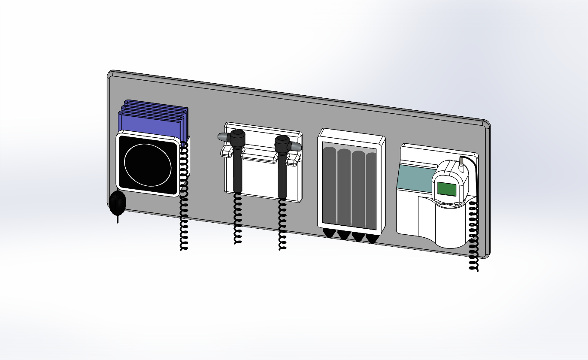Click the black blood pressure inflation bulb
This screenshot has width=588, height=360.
(x=117, y=203)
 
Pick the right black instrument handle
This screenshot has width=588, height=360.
(x=282, y=174)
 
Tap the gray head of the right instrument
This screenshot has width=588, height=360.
(x=296, y=146)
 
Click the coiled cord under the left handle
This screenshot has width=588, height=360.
(x=237, y=219)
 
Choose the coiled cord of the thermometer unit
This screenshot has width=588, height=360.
(x=473, y=236)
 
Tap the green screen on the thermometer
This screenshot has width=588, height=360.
(x=446, y=189)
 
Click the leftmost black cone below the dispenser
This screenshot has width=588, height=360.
(x=330, y=233)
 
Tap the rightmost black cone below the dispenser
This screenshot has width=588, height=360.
(x=371, y=239)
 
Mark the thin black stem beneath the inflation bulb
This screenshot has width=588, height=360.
(x=118, y=219)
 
